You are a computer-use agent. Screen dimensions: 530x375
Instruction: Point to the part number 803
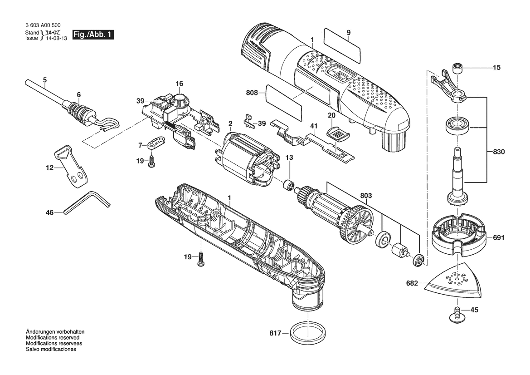(x=366, y=195)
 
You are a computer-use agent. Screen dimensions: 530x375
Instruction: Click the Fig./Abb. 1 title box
(x=93, y=35)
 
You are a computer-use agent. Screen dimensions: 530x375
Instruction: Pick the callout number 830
(x=499, y=152)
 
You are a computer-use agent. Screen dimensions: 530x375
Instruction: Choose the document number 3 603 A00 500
(x=43, y=25)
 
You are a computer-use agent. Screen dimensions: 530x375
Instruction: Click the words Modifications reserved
(x=53, y=337)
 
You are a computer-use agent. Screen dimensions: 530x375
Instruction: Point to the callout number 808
(x=252, y=93)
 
